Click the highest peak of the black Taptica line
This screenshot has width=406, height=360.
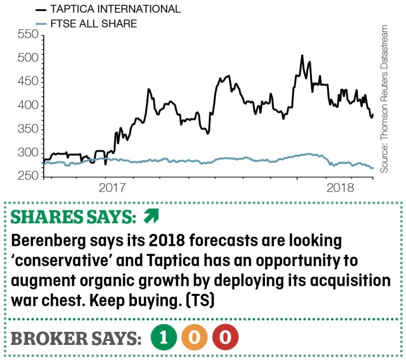coord(302,55)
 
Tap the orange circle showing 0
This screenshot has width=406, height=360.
coord(194,338)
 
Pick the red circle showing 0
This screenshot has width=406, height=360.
coord(224,338)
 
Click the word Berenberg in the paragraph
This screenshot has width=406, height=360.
coord(46,241)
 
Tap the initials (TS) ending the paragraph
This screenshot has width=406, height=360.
coord(198,301)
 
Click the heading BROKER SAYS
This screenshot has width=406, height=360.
coord(75,338)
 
